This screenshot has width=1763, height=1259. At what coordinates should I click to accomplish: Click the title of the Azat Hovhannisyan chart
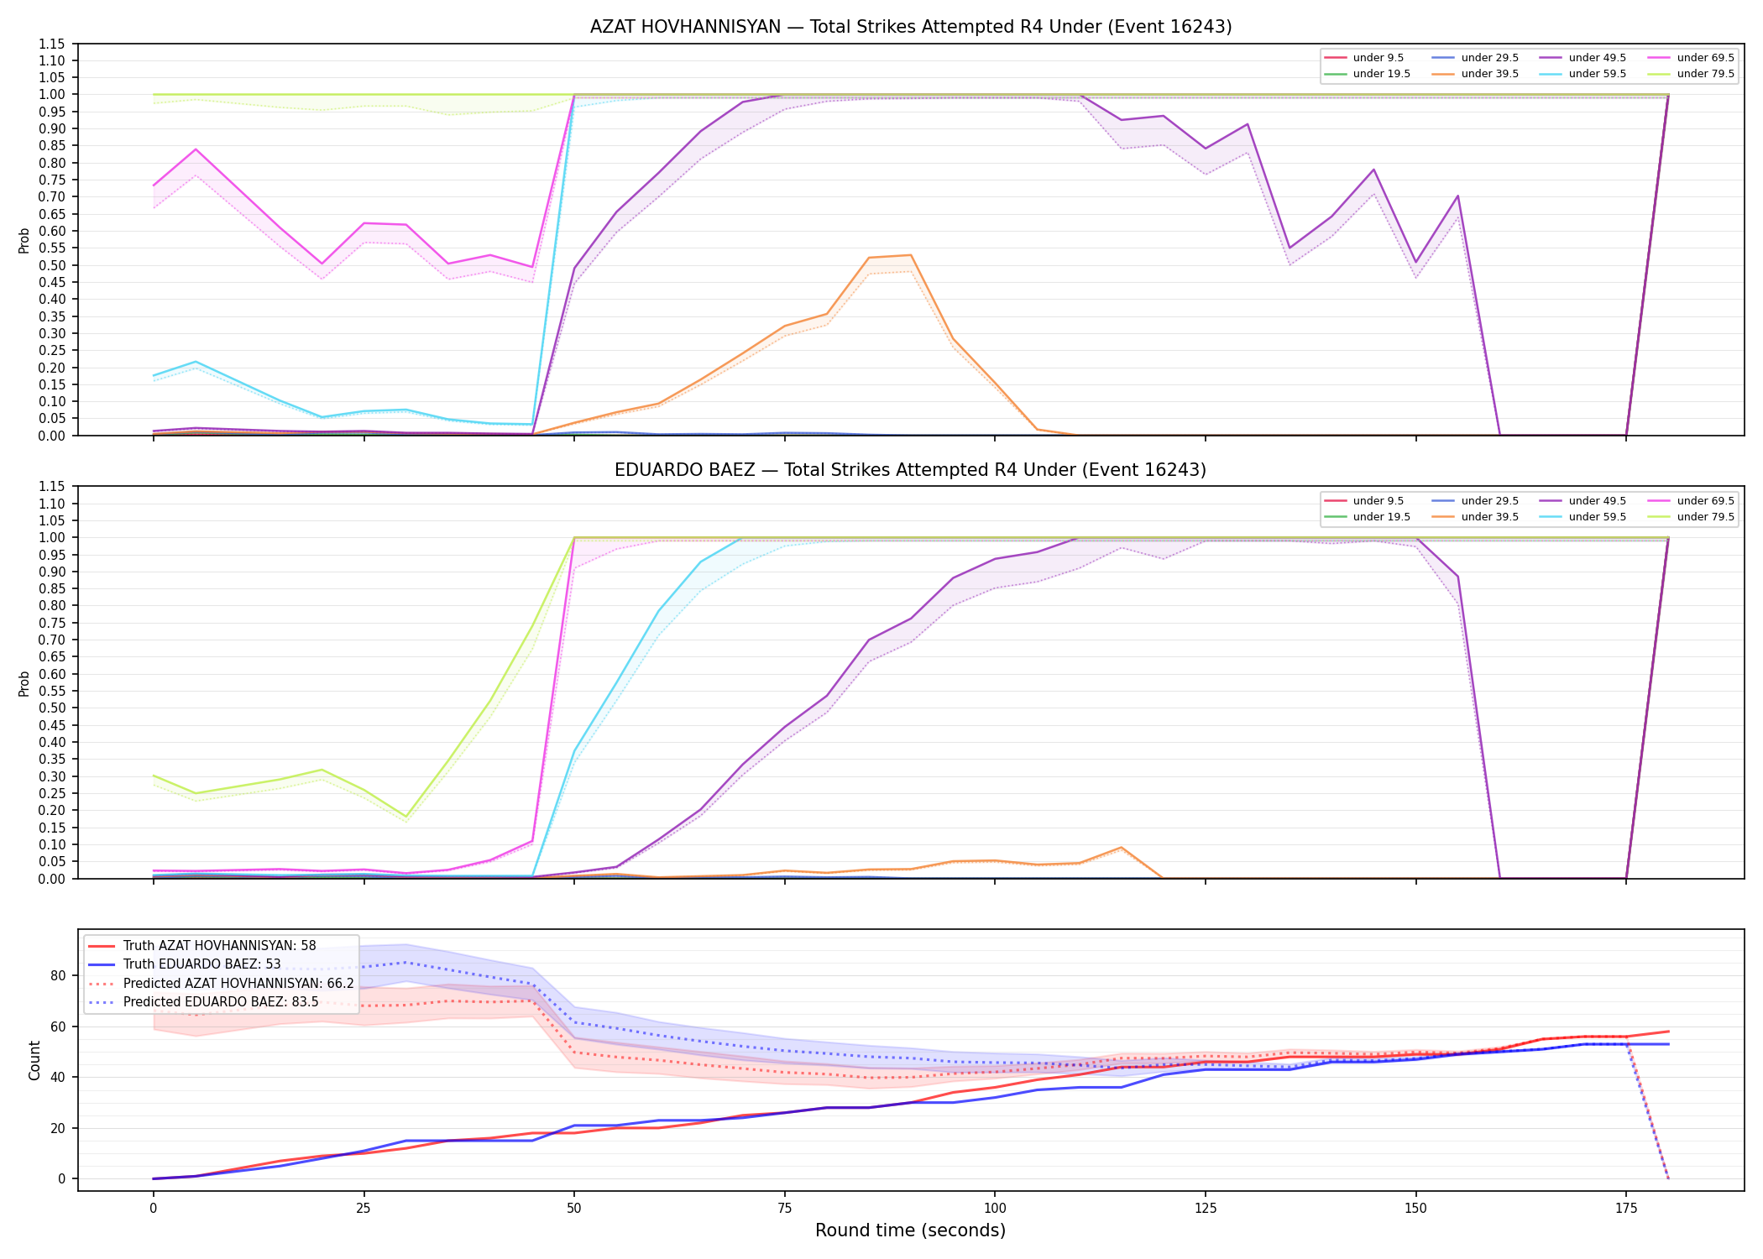[x=911, y=27]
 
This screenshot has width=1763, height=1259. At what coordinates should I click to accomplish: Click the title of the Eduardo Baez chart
[x=911, y=470]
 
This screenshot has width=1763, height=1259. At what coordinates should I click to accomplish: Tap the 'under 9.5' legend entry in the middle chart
[x=1364, y=501]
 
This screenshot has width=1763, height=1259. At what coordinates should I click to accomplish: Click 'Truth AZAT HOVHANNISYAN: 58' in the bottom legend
[x=202, y=946]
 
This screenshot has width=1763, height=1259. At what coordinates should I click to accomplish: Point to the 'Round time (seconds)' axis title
[x=910, y=1230]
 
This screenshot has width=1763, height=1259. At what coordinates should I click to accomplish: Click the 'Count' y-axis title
[x=34, y=1060]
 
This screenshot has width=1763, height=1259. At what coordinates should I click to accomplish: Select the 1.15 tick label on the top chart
[x=52, y=44]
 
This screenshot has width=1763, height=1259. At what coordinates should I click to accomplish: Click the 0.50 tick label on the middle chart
[x=52, y=708]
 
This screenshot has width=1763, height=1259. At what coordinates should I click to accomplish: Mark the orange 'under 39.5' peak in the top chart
[x=910, y=255]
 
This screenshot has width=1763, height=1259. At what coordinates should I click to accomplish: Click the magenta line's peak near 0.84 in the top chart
[x=196, y=149]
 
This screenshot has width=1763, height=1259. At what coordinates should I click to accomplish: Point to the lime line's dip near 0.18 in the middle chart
[x=406, y=817]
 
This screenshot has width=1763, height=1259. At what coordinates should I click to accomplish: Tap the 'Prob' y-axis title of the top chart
[x=24, y=241]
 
